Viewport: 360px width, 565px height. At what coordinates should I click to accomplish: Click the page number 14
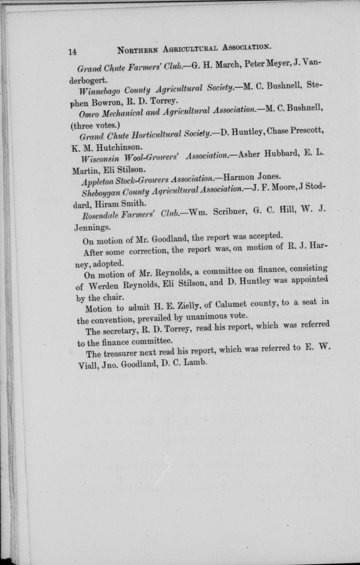click(x=73, y=52)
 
